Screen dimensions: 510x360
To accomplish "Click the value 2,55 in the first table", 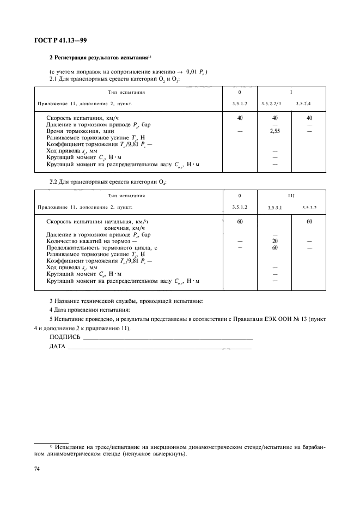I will click(x=274, y=131).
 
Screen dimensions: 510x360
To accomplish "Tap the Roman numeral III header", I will click(x=291, y=195).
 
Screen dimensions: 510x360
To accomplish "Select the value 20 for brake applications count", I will click(x=274, y=240).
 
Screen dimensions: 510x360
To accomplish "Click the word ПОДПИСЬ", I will click(x=64, y=338).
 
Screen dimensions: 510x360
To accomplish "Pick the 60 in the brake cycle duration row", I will click(x=274, y=247).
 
